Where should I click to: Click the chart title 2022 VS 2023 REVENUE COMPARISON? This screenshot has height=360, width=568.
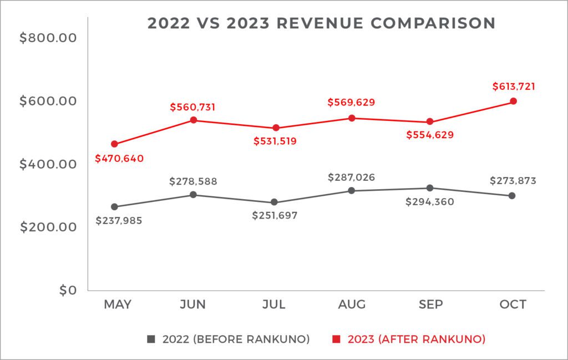point(321,23)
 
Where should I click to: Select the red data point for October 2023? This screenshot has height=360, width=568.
point(514,101)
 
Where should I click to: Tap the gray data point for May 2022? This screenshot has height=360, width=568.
point(114,207)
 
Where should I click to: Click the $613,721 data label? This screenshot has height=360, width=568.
point(514,87)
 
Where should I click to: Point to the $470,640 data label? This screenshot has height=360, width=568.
point(119,159)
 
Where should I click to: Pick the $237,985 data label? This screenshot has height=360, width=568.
point(119,221)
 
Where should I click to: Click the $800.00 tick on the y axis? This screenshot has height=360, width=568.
point(48,38)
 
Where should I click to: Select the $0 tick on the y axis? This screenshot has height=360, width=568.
point(67,290)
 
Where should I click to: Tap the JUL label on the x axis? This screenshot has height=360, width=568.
point(273,305)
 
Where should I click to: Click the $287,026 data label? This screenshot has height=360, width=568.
point(351,178)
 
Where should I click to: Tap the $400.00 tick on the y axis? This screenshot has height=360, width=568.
point(48,164)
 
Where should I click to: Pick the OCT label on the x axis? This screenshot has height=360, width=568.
point(512,305)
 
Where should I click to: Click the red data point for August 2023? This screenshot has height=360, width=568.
point(352,118)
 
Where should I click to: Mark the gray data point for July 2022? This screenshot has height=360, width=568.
point(273,202)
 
